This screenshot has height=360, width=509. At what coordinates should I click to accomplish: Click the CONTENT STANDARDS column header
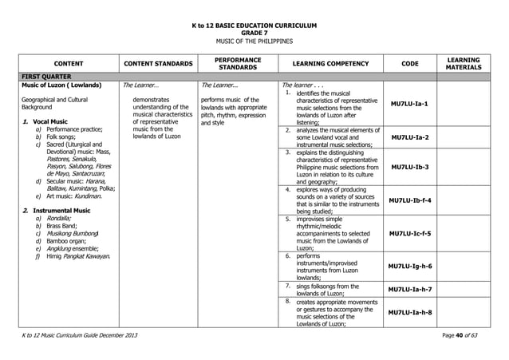156,63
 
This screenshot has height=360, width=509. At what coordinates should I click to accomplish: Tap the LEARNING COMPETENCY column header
330,63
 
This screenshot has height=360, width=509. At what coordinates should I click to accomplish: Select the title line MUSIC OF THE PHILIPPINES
254,41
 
